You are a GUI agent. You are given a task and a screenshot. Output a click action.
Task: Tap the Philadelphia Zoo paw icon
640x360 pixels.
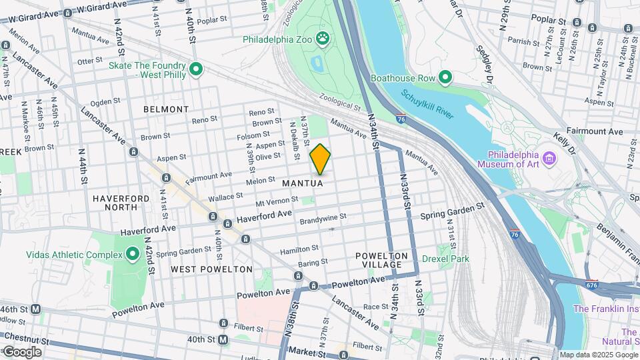tap(324, 38)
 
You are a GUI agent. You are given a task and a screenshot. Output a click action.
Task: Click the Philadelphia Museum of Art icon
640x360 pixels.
tap(549, 159)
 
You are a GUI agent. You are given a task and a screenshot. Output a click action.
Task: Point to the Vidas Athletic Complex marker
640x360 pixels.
tap(132, 254)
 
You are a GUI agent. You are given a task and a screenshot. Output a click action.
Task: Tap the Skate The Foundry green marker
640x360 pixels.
tap(196, 69)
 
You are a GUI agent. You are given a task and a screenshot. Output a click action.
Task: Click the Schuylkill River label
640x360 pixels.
tap(427, 104)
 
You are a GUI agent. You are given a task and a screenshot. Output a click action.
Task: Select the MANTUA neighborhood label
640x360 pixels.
tap(303, 183)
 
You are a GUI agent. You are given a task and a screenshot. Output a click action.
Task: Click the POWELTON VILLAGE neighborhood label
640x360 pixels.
tap(381, 260)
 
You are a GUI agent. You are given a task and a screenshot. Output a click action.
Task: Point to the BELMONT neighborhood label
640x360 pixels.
tap(166, 109)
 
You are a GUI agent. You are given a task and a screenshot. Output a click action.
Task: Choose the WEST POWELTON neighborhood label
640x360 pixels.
tap(211, 269)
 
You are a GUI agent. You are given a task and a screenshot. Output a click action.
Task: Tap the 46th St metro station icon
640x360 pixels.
tap(35, 309)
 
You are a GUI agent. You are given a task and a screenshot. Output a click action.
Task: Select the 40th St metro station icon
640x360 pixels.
tap(223, 339)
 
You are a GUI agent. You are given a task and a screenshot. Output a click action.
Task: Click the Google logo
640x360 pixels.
tap(22, 352)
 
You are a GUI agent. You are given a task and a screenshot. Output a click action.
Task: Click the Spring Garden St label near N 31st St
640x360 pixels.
tap(451, 211)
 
